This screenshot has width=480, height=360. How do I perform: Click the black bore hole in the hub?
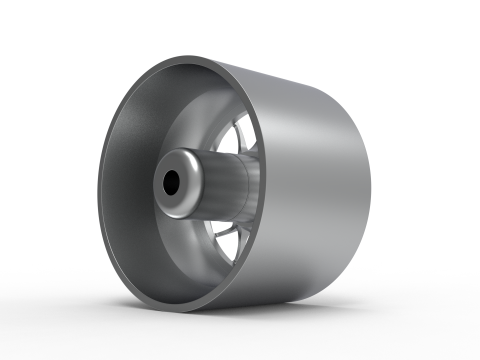coord(170,183)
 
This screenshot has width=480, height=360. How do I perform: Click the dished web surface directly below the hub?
coord(200,255)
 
